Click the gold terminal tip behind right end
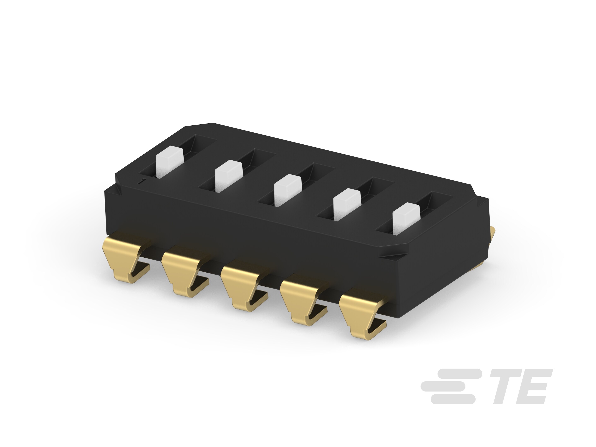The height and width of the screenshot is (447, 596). pos(491,234)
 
